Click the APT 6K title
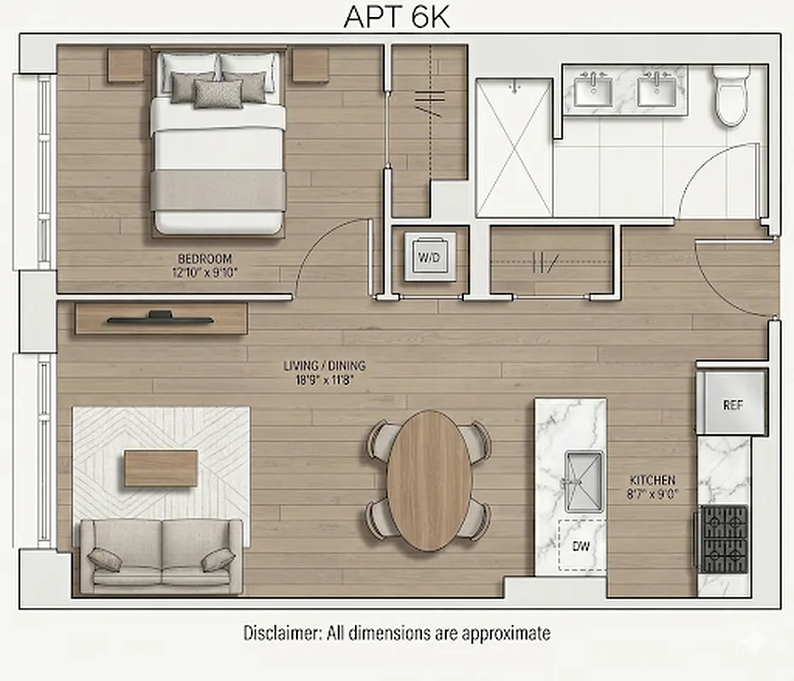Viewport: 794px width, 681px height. pos(396,17)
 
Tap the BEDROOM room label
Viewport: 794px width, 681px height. pos(204,259)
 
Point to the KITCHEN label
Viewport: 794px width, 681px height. pos(653,480)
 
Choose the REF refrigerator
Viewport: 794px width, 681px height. pos(733,405)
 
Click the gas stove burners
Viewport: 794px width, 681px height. pos(723,539)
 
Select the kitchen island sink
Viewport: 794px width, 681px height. pos(584,482)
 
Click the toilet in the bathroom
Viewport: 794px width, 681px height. pos(730,96)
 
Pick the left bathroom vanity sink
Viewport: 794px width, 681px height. pos(593,89)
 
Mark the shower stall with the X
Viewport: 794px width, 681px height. pos(513,147)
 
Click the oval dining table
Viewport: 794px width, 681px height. pos(429,479)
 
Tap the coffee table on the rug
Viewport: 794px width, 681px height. pos(161,468)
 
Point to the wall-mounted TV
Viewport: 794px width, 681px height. pos(160,318)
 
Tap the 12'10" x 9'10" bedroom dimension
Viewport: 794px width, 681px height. pos(204,272)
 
